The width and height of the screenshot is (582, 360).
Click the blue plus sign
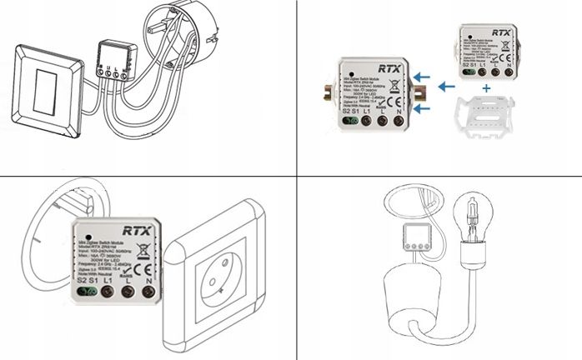(486, 87)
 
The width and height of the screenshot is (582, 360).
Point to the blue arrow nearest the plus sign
(448, 84)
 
